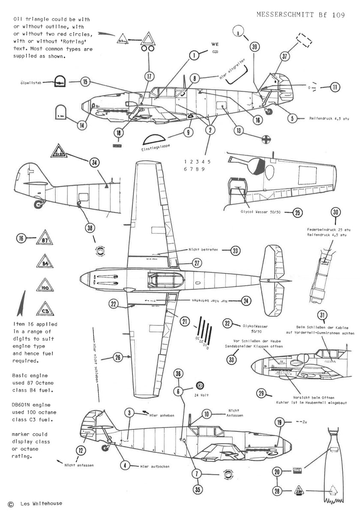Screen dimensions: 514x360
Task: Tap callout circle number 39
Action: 255,48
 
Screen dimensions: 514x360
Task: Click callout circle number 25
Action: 297,212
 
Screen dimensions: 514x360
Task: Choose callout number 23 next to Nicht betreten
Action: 235,251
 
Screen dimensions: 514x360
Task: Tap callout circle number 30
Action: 336,212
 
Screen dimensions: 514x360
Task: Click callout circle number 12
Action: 80,450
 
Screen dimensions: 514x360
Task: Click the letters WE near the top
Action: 215,44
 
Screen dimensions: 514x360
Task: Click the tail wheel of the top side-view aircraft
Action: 269,111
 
